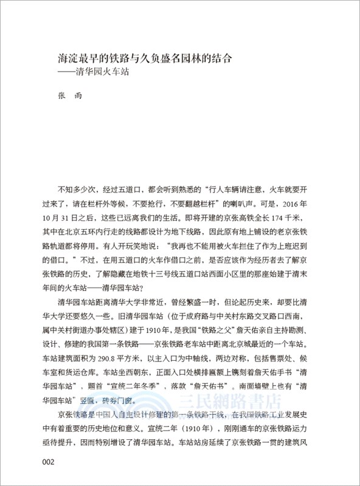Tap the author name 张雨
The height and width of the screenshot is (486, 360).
tap(66, 97)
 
